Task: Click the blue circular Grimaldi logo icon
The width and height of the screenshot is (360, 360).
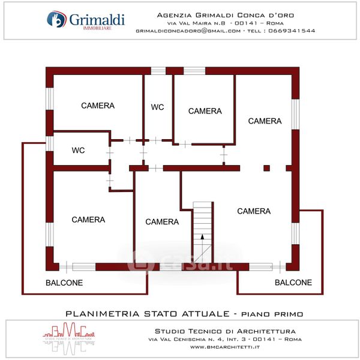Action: pyautogui.click(x=56, y=20)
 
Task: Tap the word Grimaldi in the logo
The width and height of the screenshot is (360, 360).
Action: pyautogui.click(x=97, y=19)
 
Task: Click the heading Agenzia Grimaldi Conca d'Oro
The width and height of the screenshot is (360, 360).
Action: pyautogui.click(x=226, y=15)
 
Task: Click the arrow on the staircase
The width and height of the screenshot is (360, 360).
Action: pyautogui.click(x=203, y=238)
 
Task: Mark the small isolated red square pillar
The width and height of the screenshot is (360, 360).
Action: pyautogui.click(x=267, y=168)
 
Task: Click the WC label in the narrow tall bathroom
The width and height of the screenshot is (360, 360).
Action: pyautogui.click(x=158, y=107)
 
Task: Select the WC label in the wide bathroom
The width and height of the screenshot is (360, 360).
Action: pyautogui.click(x=79, y=150)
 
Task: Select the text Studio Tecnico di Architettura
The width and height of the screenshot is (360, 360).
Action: pyautogui.click(x=225, y=331)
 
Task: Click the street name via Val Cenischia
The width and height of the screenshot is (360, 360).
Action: pyautogui.click(x=187, y=339)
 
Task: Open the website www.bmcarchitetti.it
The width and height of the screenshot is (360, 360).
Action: pyautogui.click(x=226, y=347)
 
